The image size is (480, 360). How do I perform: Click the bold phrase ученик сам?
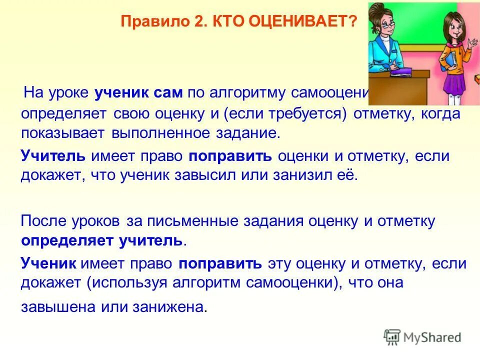click(x=138, y=93)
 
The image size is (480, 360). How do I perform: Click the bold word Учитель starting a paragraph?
click(x=53, y=156)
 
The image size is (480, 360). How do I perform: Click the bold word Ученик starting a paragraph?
click(x=48, y=263)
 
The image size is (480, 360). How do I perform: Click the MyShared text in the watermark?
click(x=433, y=337)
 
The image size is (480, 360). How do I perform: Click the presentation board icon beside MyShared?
click(x=392, y=337)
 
